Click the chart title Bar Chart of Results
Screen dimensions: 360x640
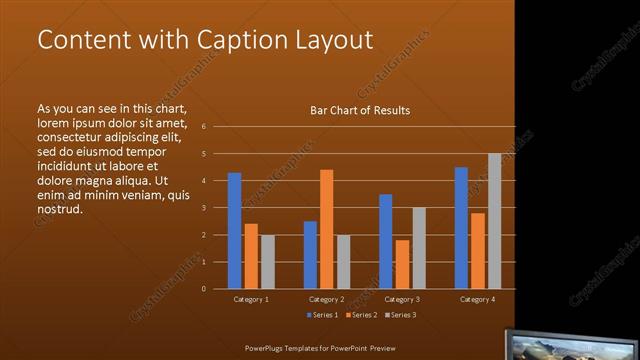[x=360, y=110]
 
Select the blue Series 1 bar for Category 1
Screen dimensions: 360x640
[x=234, y=230]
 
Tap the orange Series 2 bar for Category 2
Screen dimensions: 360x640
[x=326, y=228]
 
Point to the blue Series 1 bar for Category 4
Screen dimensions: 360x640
[x=461, y=227]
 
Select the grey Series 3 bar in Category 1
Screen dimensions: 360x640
[x=267, y=261]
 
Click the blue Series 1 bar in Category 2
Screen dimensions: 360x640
[x=310, y=254]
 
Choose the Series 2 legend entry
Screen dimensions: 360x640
[x=360, y=315]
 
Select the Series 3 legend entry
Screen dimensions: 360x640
[x=401, y=315]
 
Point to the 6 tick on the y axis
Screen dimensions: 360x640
[x=203, y=127]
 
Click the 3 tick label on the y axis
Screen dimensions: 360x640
[x=203, y=208]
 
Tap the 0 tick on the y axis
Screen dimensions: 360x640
[x=203, y=289]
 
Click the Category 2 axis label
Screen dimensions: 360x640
[x=326, y=300]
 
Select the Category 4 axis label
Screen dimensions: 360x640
[x=477, y=300]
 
